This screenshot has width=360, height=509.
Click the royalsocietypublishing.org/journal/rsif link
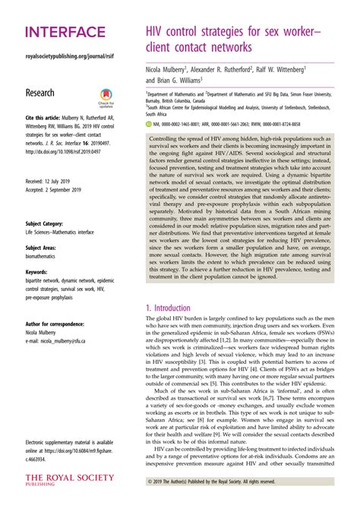click(x=69, y=57)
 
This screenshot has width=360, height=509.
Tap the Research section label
click(x=40, y=93)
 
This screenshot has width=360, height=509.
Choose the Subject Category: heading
click(x=45, y=224)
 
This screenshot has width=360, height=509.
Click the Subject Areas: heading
click(x=41, y=248)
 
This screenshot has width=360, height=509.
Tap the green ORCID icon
click(x=149, y=123)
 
